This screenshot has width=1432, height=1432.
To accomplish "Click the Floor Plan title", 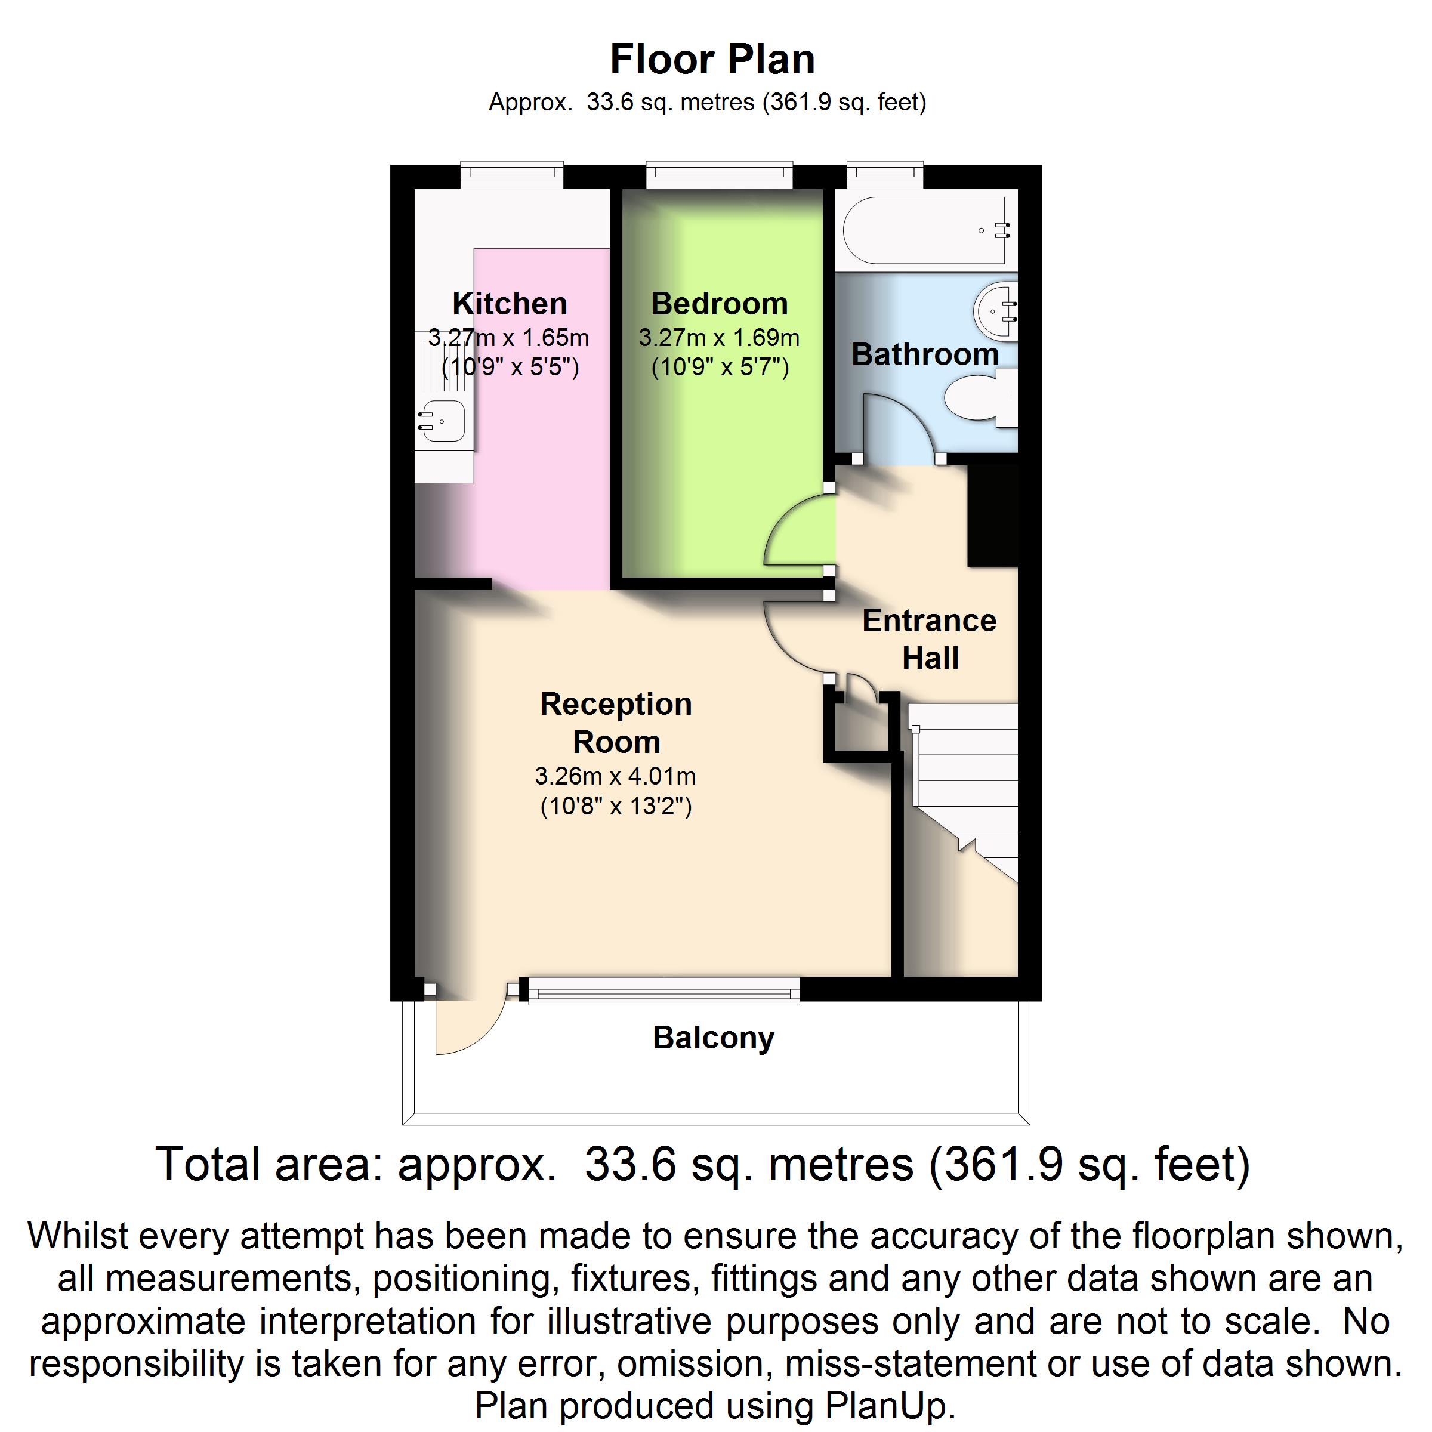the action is tap(712, 59).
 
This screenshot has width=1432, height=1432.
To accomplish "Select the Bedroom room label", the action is tap(719, 304).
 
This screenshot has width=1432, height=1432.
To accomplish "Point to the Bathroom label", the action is tap(925, 354).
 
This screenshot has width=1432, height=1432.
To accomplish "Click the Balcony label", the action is tap(713, 1038).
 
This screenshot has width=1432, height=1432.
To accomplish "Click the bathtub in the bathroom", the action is tap(925, 230).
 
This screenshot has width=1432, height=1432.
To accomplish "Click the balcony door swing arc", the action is tap(474, 1030).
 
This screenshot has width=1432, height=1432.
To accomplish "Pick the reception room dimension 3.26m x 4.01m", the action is tap(615, 777).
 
